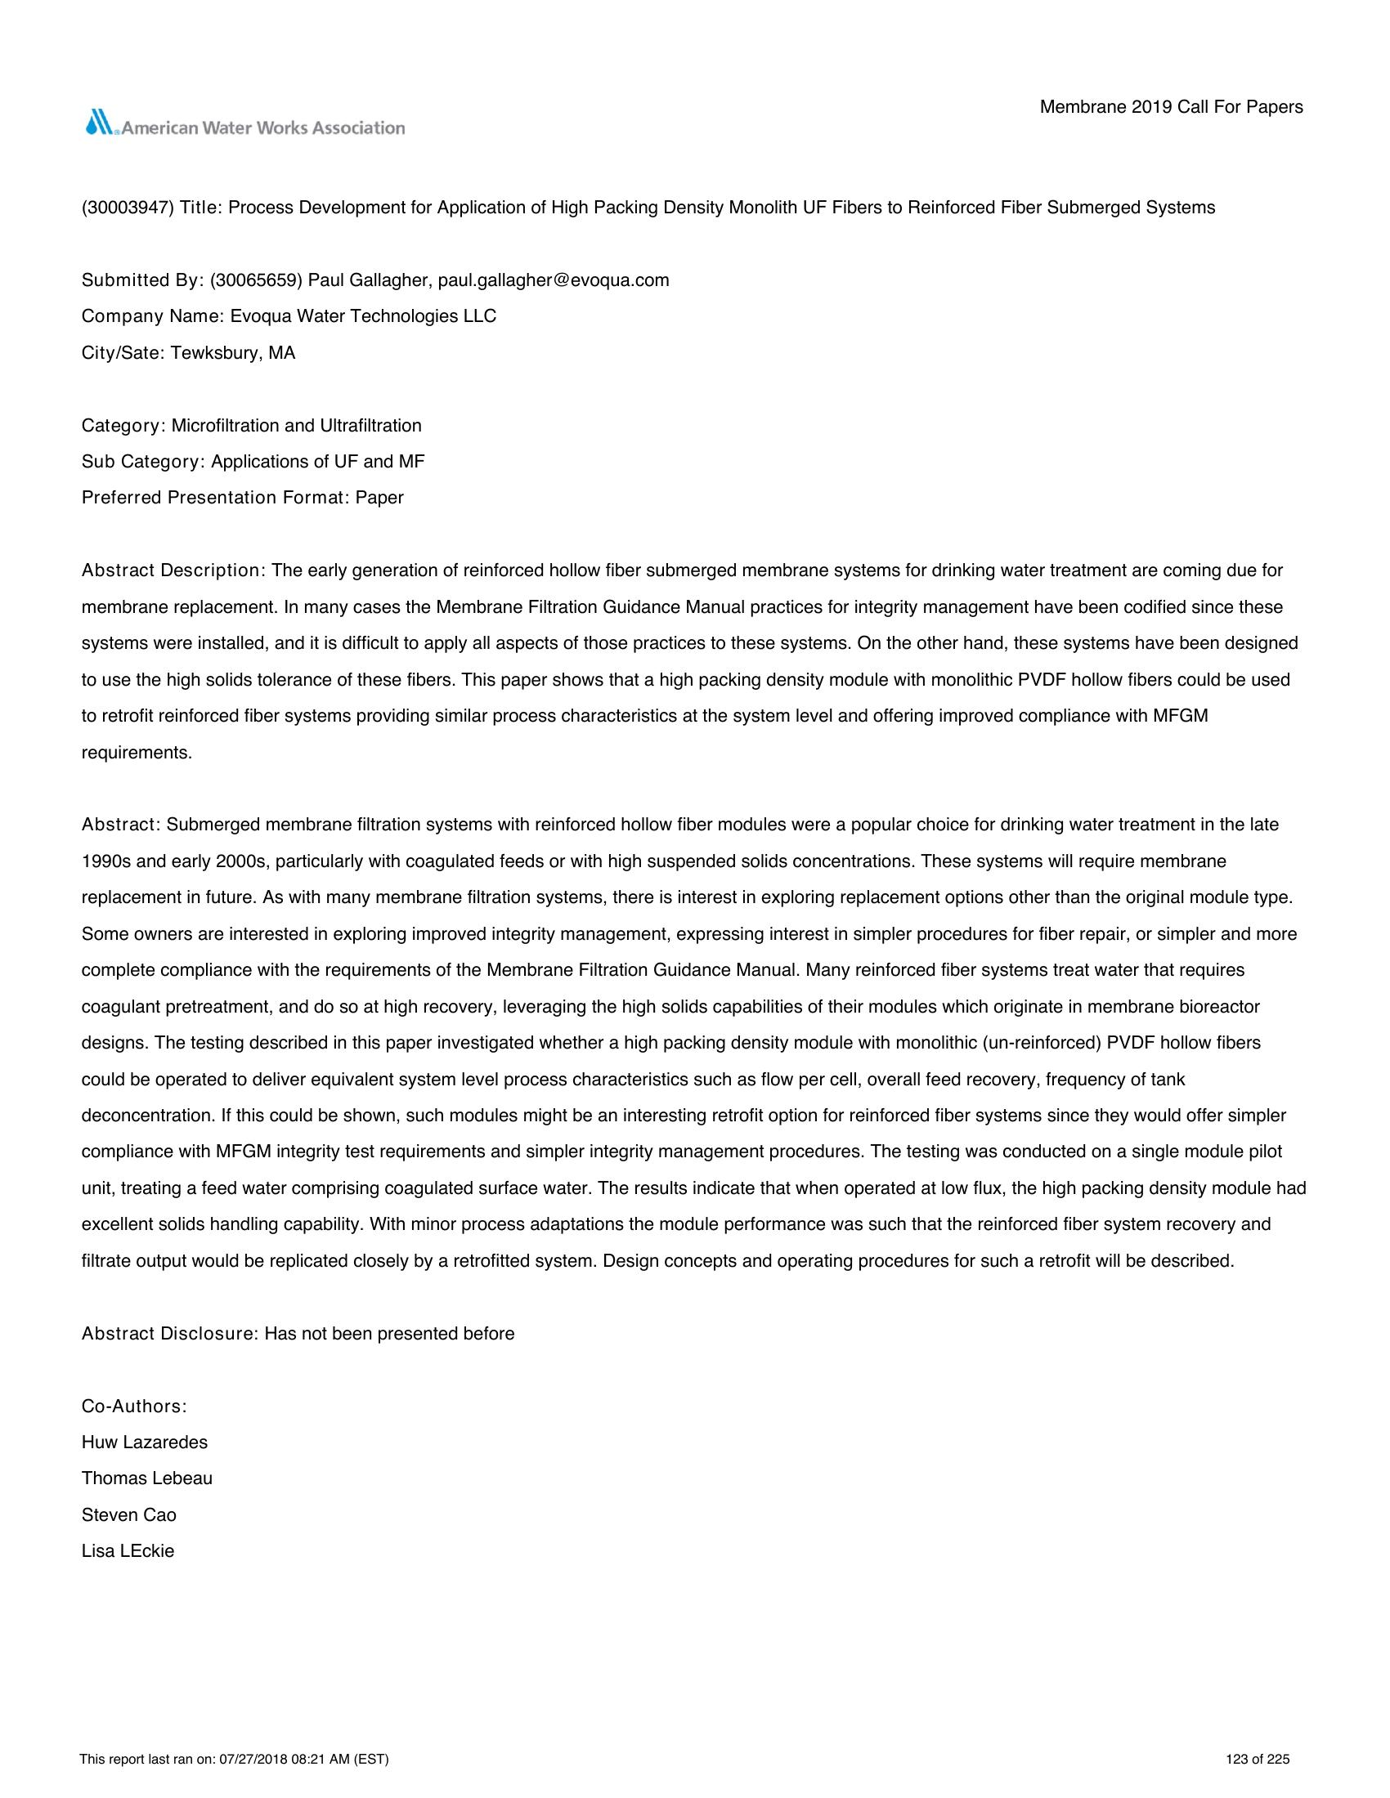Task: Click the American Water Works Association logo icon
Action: click(100, 123)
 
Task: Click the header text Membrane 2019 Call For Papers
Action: click(1171, 107)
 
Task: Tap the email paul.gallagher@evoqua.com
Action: click(554, 280)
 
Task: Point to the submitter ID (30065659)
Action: click(256, 280)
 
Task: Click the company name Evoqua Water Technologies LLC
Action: click(363, 317)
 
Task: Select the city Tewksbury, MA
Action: click(233, 353)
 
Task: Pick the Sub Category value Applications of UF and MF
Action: click(318, 462)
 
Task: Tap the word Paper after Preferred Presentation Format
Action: click(379, 498)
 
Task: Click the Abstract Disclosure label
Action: click(169, 1334)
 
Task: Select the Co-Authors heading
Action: click(134, 1407)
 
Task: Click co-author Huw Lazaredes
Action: click(145, 1442)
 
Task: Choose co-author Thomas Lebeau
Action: click(147, 1478)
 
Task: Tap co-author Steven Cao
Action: click(129, 1514)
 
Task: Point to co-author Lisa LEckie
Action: click(128, 1551)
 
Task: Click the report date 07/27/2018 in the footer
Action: click(250, 1760)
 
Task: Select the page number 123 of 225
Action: click(1258, 1760)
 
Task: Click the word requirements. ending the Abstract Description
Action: click(137, 753)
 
